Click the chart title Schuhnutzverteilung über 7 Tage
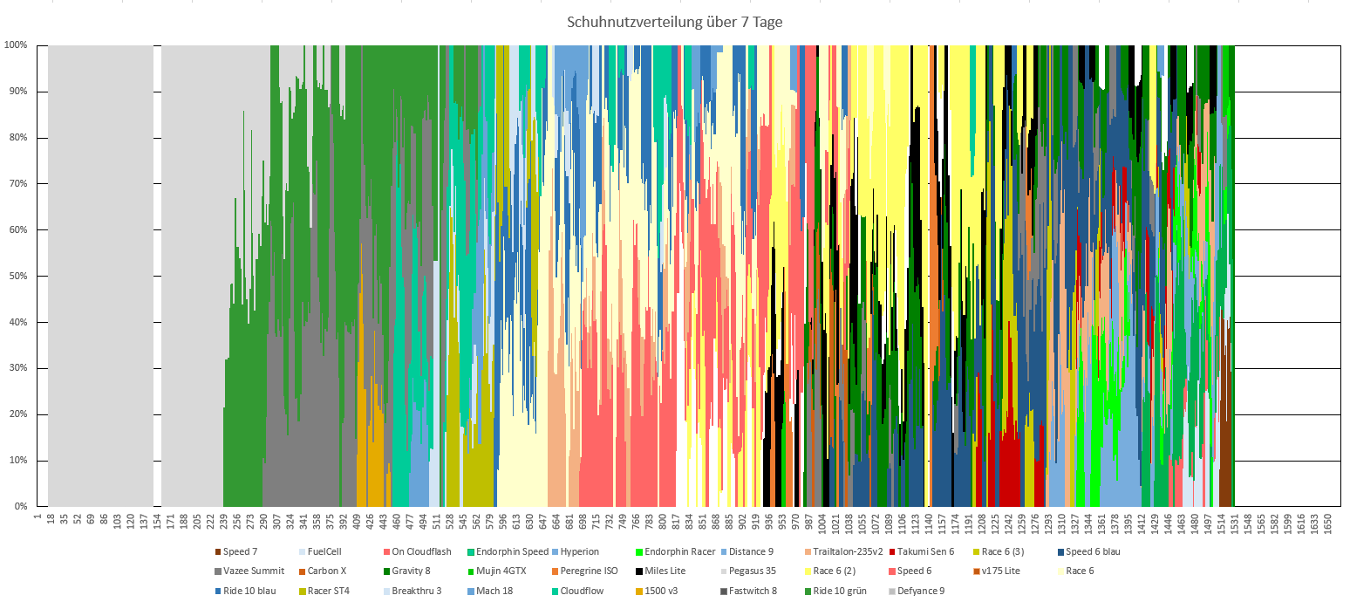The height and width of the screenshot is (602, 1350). coord(674,22)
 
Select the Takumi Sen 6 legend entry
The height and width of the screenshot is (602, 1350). coord(926,551)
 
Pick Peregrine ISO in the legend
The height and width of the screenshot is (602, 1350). coord(589,571)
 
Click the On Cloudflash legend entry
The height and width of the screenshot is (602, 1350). coord(421,551)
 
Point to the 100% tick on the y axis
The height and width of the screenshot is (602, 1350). coord(17,44)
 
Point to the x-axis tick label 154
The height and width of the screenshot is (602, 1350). coord(157,522)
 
